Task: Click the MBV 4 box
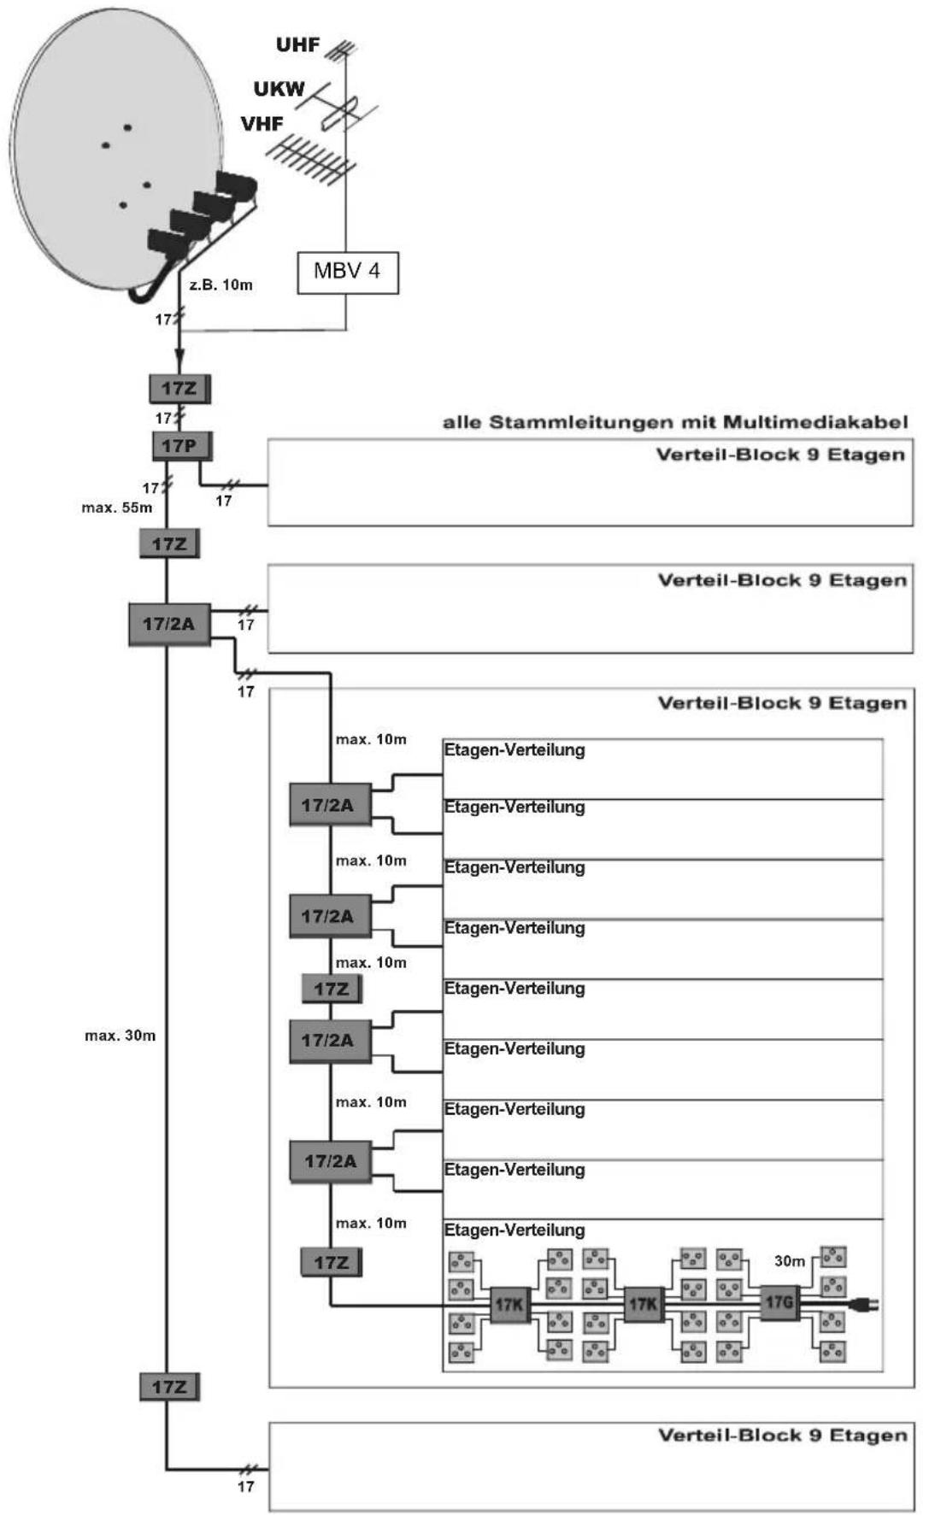click(348, 273)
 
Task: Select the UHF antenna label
click(297, 44)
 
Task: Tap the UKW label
click(279, 89)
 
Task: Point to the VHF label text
click(262, 125)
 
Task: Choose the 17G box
click(779, 1303)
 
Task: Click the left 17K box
click(509, 1306)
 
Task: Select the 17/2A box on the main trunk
click(169, 624)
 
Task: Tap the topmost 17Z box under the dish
click(179, 389)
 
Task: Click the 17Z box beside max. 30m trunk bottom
click(169, 1386)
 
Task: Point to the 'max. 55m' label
click(117, 508)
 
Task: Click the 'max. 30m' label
click(121, 1036)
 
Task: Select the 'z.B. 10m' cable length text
click(221, 285)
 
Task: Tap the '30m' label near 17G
click(790, 1261)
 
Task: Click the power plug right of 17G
click(866, 1305)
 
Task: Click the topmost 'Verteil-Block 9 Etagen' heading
click(780, 455)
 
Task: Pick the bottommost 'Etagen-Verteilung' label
click(514, 1230)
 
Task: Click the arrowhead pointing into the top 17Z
click(179, 365)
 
